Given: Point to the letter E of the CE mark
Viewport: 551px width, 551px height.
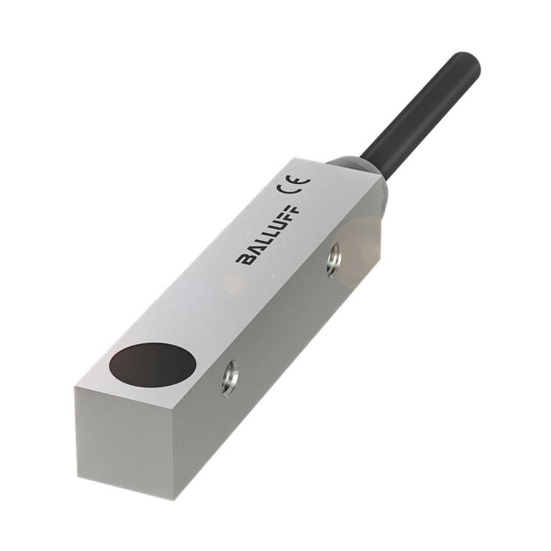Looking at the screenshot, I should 300,182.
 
